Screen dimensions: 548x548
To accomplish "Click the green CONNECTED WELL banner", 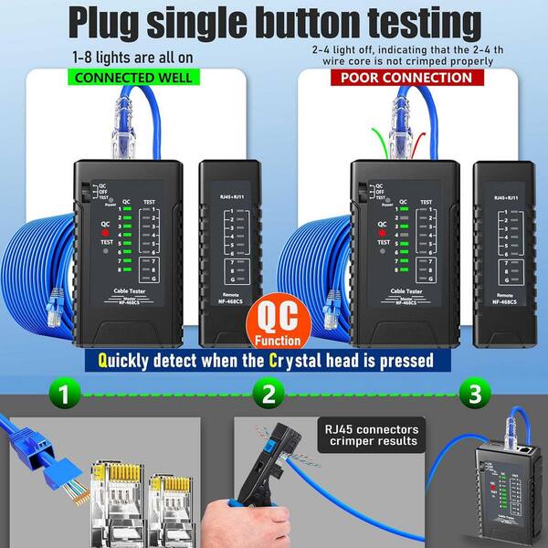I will (133, 78).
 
